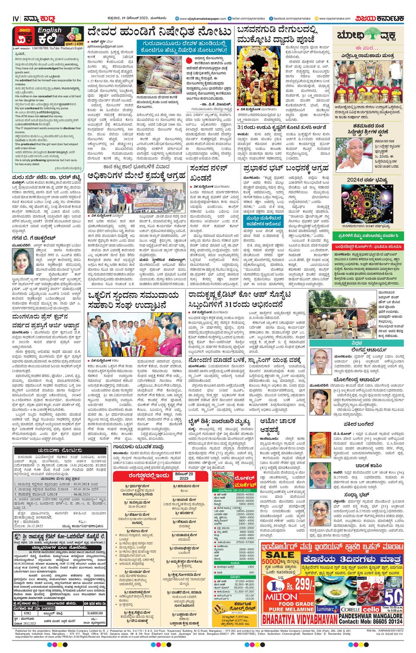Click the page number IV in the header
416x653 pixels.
pyautogui.click(x=16, y=18)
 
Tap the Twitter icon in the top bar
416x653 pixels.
pyautogui.click(x=230, y=18)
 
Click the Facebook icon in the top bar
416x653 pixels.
pyautogui.click(x=271, y=18)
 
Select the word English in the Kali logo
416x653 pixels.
pyautogui.click(x=49, y=31)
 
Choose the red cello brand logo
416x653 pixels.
pyautogui.click(x=371, y=609)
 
